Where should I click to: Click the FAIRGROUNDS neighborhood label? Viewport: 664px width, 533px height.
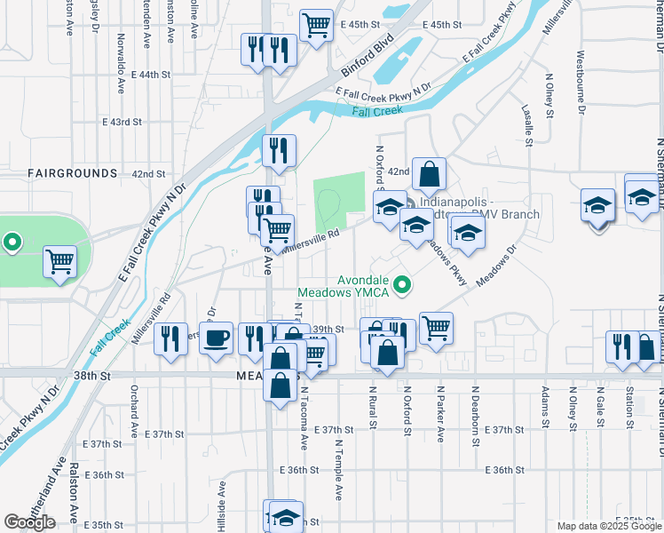tap(72, 172)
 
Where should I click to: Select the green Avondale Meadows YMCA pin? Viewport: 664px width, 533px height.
tap(403, 285)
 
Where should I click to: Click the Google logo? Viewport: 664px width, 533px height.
tap(29, 522)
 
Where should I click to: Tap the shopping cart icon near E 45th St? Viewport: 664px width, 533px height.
tap(316, 25)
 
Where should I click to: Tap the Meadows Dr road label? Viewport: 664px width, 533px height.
tap(495, 266)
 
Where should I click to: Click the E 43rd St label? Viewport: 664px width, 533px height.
tap(123, 121)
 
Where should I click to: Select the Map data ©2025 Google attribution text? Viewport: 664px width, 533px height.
tap(607, 526)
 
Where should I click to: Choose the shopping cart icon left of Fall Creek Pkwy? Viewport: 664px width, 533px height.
tap(60, 261)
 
